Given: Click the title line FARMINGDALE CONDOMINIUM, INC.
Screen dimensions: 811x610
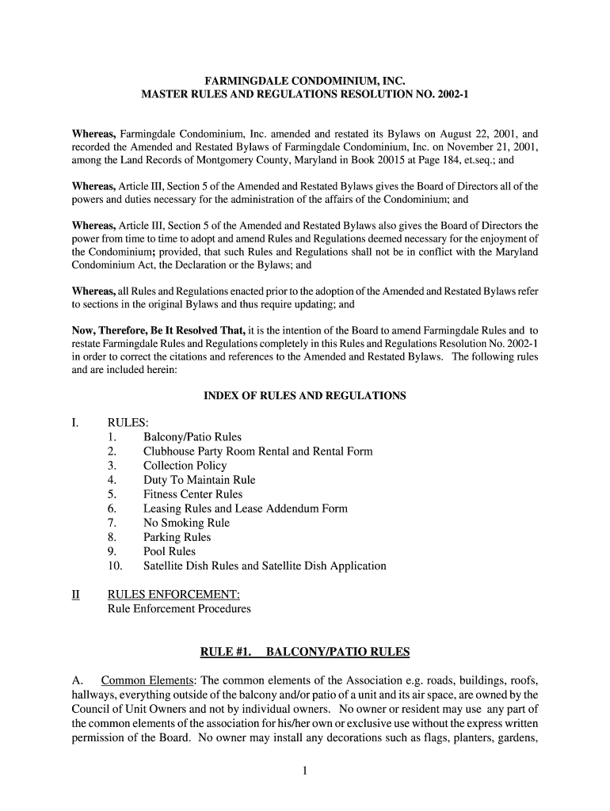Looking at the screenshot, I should click(x=305, y=81).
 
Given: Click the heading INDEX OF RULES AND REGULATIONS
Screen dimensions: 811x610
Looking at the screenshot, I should click(x=305, y=395).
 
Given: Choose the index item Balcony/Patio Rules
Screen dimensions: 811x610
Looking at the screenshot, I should click(x=193, y=437).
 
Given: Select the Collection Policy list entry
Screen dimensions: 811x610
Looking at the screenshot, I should click(x=185, y=466).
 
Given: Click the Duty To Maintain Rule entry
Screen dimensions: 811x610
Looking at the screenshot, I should click(x=199, y=480).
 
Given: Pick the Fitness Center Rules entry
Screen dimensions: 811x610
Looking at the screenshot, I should click(x=193, y=494).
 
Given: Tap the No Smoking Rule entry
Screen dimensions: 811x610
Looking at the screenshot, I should click(x=186, y=523).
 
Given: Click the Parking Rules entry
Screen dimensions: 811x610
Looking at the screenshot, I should click(x=177, y=537).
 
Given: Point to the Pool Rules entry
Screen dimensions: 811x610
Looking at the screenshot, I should click(x=170, y=551).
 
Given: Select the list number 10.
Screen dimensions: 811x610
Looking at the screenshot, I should click(x=113, y=566).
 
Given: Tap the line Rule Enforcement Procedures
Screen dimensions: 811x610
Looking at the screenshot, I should click(x=179, y=609).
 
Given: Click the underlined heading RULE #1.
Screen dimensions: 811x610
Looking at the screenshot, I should click(x=226, y=653).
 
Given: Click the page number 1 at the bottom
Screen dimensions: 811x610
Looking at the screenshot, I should click(x=304, y=773).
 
